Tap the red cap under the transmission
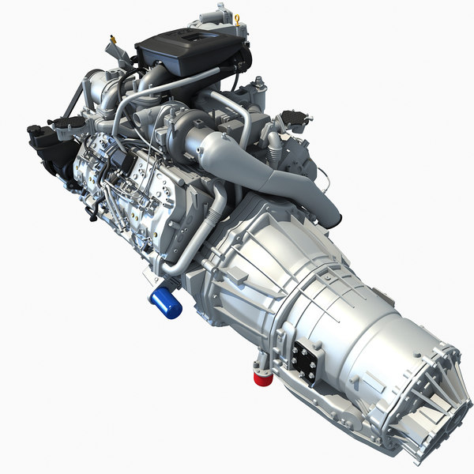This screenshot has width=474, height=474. pyautogui.click(x=262, y=378)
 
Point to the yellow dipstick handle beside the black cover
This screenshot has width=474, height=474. pyautogui.click(x=114, y=39)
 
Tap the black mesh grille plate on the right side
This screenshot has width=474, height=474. pyautogui.click(x=293, y=119)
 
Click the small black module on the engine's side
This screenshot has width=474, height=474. pyautogui.click(x=118, y=162)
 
